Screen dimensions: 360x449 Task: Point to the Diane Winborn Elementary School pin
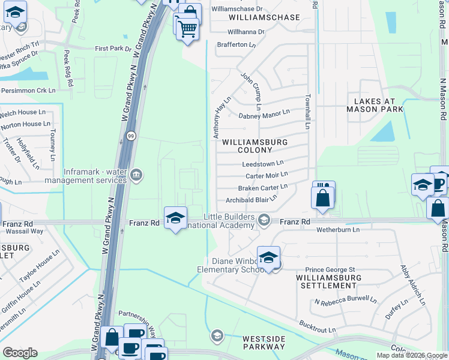[268, 258]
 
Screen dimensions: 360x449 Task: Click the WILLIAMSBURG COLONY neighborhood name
[255, 146]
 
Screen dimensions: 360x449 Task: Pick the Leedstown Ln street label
[262, 163]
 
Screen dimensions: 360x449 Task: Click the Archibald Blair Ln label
[252, 199]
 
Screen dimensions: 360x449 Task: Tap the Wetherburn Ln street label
[338, 229]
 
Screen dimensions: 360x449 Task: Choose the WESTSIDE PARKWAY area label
[264, 343]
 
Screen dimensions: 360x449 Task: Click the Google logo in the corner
[20, 353]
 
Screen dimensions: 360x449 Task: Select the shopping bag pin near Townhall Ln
[323, 197]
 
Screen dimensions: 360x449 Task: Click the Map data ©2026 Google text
[411, 355]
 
